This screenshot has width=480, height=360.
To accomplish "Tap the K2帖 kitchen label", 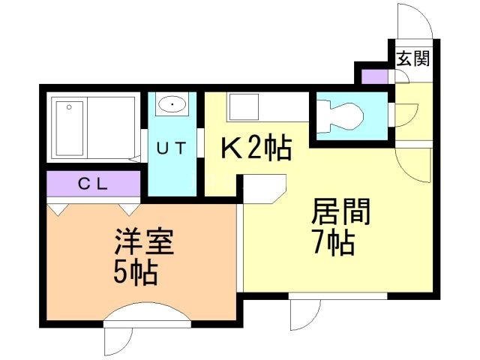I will (x=255, y=149).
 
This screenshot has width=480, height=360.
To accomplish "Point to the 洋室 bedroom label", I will (x=143, y=243).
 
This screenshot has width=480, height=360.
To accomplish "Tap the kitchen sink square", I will (x=244, y=108).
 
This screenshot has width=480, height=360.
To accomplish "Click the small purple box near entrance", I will (x=373, y=76).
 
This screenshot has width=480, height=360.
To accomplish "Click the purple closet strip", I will (x=94, y=183).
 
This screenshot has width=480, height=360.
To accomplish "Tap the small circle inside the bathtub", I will (x=68, y=107).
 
